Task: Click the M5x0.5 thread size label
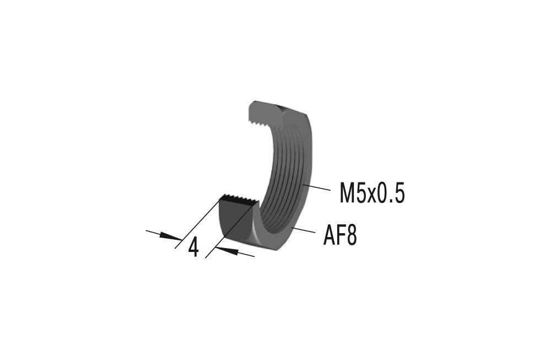pyautogui.click(x=372, y=194)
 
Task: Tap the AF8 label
pyautogui.click(x=340, y=237)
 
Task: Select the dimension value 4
pyautogui.click(x=193, y=248)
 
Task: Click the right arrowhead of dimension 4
pyautogui.click(x=225, y=251)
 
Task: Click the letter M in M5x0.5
pyautogui.click(x=348, y=194)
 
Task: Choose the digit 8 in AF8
pyautogui.click(x=351, y=237)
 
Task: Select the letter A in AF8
pyautogui.click(x=329, y=237)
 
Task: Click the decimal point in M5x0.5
pyautogui.click(x=392, y=202)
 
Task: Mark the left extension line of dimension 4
pyautogui.click(x=196, y=226)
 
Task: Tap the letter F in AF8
pyautogui.click(x=341, y=237)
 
